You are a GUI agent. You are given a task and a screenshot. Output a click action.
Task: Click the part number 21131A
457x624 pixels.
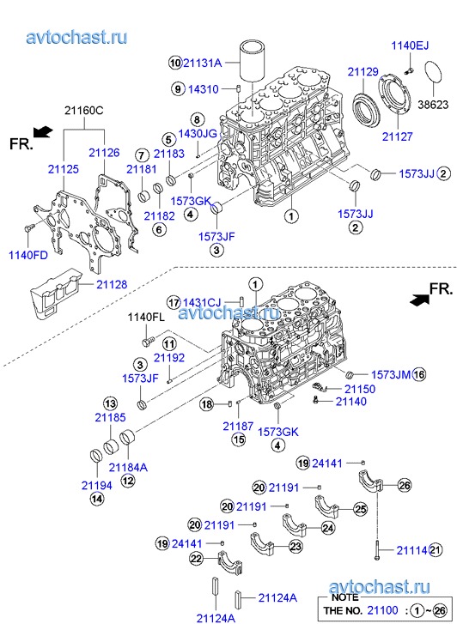coord(202,63)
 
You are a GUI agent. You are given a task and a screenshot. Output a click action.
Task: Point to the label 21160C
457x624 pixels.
coord(84,110)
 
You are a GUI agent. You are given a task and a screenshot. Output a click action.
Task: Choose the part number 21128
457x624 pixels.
coord(111,285)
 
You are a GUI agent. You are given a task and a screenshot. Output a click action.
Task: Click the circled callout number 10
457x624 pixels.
coord(175,63)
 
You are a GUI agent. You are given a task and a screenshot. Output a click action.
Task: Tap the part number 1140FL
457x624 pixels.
coord(146,318)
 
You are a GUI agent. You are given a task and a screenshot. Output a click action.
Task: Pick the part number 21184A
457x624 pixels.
coord(128,467)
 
